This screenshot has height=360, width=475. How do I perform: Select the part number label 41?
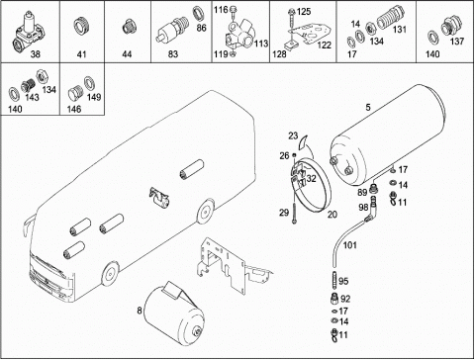click(81, 53)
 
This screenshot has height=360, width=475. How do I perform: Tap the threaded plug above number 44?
click(127, 27)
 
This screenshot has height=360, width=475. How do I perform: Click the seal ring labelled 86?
click(198, 14)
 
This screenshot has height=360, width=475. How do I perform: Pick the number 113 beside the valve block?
click(261, 44)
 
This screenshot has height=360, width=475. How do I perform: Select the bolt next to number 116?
click(234, 13)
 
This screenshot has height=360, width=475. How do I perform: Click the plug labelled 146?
click(75, 94)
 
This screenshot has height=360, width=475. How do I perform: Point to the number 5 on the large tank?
click(368, 107)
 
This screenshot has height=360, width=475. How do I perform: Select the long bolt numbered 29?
click(294, 209)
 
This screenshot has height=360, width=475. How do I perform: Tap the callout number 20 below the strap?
click(332, 215)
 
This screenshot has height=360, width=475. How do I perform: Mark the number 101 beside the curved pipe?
click(350, 245)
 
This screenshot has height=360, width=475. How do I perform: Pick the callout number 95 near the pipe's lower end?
click(343, 281)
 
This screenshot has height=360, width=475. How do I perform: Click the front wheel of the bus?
click(110, 274)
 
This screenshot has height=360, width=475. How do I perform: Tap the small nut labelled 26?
click(294, 155)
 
